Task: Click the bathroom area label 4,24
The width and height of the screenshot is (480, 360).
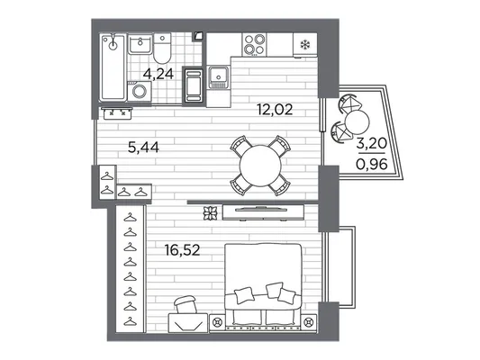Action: [158, 74]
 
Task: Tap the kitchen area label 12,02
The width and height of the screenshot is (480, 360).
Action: [275, 110]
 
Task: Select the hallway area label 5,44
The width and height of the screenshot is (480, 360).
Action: [143, 148]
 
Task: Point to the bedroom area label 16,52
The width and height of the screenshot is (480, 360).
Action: [182, 250]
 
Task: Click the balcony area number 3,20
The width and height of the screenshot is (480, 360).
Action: [372, 143]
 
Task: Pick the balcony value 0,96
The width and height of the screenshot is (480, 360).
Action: [372, 165]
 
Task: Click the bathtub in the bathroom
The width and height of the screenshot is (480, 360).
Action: [113, 67]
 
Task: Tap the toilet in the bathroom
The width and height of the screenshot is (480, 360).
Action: [162, 49]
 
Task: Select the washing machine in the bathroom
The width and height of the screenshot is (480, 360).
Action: [140, 91]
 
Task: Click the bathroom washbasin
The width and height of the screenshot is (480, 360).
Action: [140, 44]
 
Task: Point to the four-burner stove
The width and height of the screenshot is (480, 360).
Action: [254, 44]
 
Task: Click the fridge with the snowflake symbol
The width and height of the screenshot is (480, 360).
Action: [305, 45]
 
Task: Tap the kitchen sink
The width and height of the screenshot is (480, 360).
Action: [218, 77]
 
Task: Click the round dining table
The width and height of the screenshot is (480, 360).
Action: [260, 166]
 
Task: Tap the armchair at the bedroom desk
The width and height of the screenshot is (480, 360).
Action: [186, 304]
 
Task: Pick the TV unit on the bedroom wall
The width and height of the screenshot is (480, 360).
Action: [263, 212]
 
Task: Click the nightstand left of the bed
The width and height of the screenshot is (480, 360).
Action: [217, 322]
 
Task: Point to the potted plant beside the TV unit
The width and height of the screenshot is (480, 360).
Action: [211, 213]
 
